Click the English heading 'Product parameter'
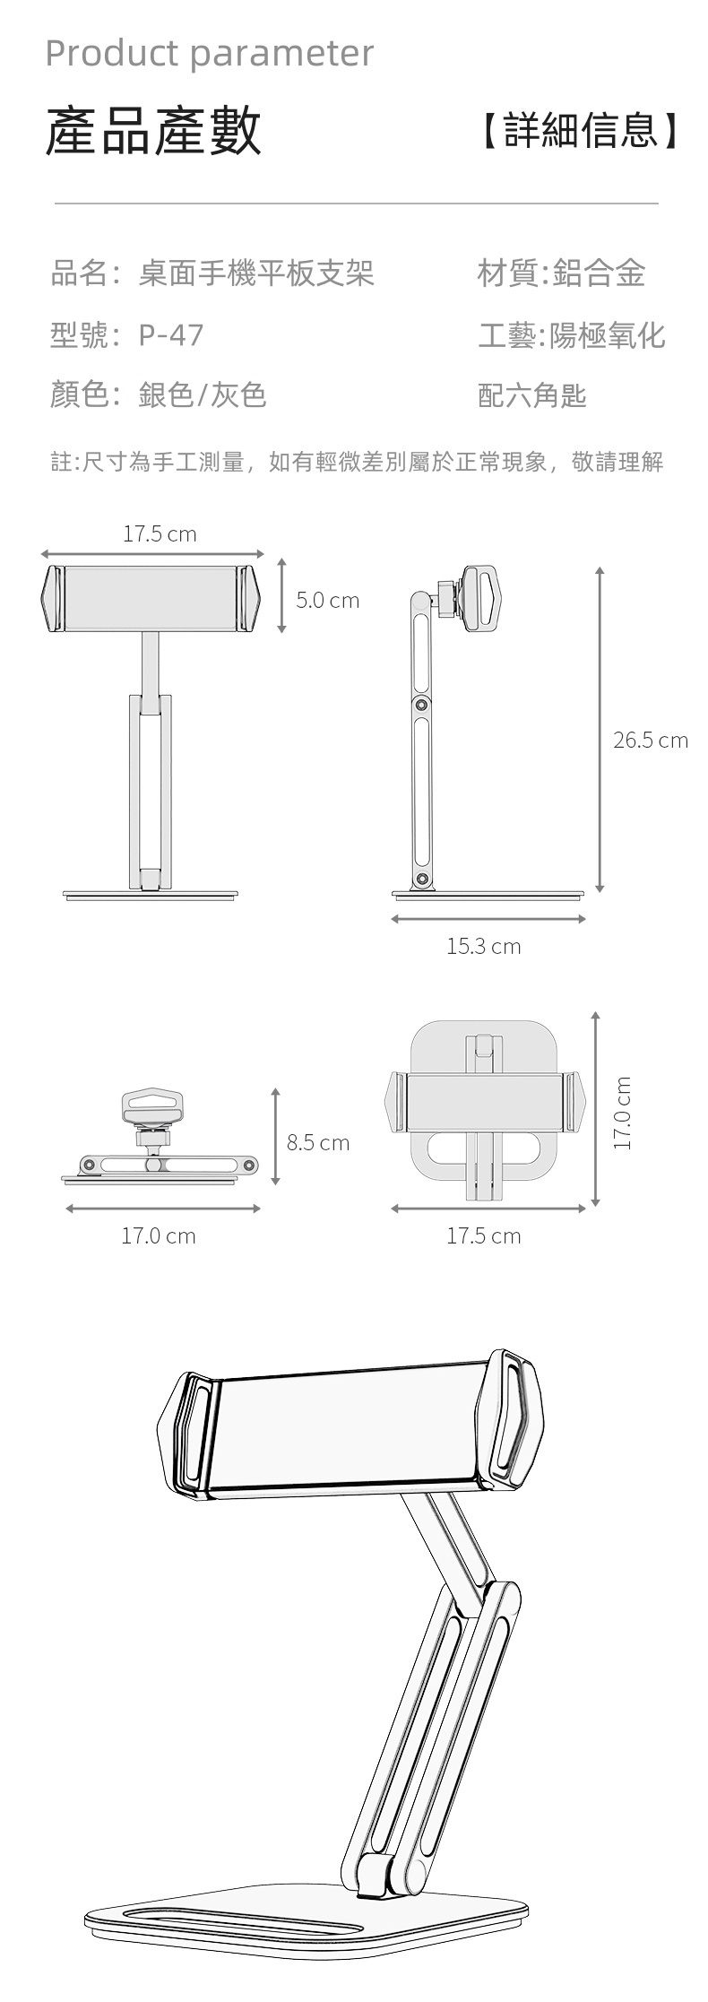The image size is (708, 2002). (x=209, y=54)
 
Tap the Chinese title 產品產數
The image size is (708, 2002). (x=153, y=131)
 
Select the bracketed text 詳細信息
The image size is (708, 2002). (x=581, y=130)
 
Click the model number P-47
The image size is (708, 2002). (x=171, y=334)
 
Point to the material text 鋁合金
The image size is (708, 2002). (x=600, y=273)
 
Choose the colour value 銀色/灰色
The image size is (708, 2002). (x=203, y=394)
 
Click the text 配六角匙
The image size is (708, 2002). (x=532, y=394)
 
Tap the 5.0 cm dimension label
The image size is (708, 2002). (x=328, y=600)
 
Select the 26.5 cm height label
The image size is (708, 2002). (x=651, y=740)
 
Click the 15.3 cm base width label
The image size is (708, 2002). (x=484, y=946)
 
